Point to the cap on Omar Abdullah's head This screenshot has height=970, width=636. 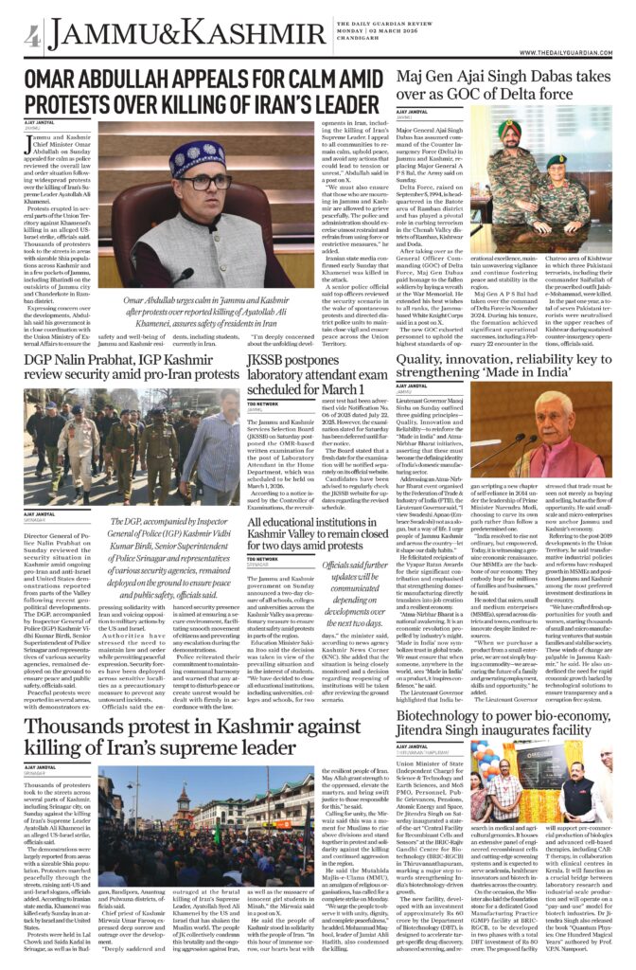tap(197, 154)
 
